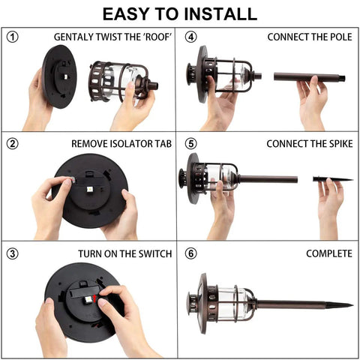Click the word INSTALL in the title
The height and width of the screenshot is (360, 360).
coord(221,14)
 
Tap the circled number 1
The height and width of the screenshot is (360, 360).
coord(12,37)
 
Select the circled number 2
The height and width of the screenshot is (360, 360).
coord(12,144)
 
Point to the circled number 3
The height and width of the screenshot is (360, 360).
coord(12,253)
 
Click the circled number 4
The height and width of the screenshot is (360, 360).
coord(190,37)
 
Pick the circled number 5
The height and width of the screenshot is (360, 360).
coord(190,144)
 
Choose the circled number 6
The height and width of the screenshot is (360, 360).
coord(190,253)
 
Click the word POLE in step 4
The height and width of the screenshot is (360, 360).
coord(341,37)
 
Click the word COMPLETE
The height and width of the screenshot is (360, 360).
coord(329,253)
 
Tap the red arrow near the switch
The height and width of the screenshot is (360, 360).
coord(94,298)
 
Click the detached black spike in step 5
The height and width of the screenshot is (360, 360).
coord(333,179)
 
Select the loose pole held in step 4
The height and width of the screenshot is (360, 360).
coord(310,76)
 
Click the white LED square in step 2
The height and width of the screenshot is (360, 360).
coord(90,189)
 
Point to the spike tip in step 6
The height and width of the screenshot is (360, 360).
coord(352,305)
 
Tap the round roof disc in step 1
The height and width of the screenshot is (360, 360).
coord(59,76)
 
